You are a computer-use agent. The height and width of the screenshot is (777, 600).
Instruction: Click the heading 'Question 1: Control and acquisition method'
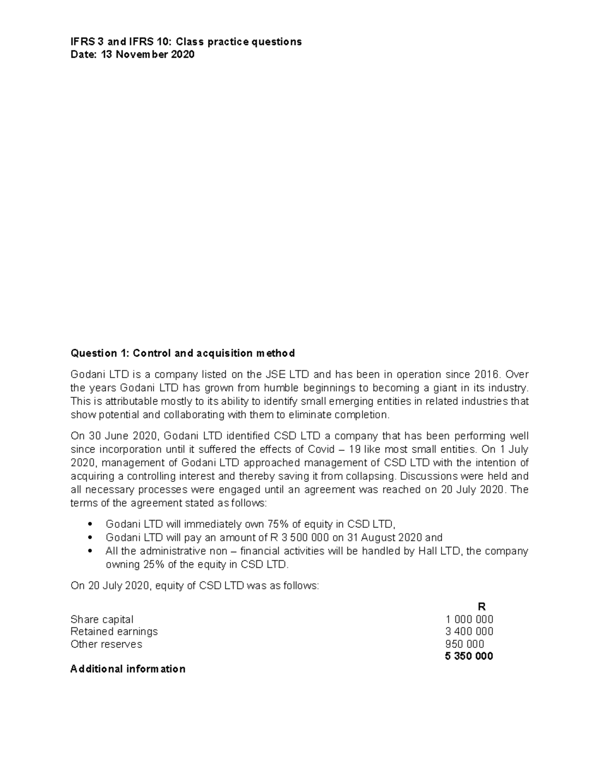[x=182, y=353]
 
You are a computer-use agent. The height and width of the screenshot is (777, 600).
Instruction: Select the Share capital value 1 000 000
[x=469, y=619]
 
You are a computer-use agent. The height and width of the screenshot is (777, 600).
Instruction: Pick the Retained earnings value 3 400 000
[x=469, y=631]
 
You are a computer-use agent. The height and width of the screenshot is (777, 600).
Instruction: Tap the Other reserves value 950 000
[x=464, y=644]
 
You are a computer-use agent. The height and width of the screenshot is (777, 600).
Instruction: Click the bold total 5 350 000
[x=468, y=656]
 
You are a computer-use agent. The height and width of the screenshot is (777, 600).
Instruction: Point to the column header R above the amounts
[x=482, y=607]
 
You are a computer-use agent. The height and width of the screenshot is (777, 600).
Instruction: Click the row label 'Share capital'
[x=102, y=619]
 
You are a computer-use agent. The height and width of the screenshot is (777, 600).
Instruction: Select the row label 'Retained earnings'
[x=114, y=631]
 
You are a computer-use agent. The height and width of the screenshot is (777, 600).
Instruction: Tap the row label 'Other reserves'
[x=106, y=644]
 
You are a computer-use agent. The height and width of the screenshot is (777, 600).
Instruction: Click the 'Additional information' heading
[x=128, y=669]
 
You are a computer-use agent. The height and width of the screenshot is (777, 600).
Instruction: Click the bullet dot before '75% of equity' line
[x=89, y=525]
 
